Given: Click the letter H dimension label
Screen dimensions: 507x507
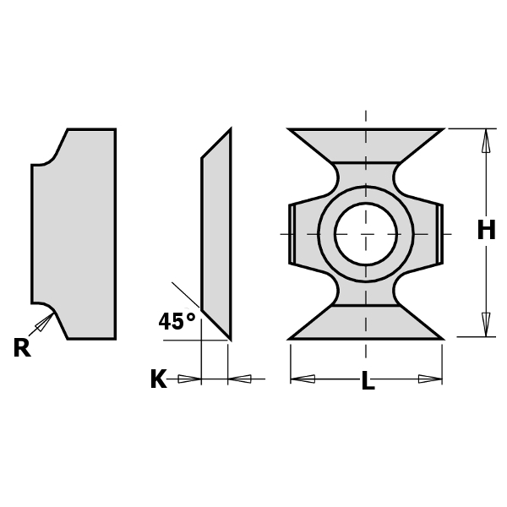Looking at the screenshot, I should click(x=486, y=231).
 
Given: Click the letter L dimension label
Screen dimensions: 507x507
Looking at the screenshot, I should click(x=368, y=382).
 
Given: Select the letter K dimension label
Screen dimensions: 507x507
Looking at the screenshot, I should click(x=158, y=379).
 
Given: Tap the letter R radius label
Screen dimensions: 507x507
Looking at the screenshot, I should click(x=21, y=348).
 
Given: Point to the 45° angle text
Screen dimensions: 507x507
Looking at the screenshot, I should click(x=177, y=322).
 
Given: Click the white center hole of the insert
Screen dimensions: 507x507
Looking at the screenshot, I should click(x=365, y=233).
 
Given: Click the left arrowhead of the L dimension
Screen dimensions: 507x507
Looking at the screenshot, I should click(x=303, y=379).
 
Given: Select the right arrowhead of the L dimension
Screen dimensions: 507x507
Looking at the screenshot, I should click(x=430, y=379).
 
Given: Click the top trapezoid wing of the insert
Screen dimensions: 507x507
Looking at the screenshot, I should click(x=365, y=144).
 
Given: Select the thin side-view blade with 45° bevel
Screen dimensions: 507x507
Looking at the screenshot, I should click(x=216, y=233).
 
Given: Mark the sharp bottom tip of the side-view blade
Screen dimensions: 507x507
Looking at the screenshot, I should click(x=230, y=337).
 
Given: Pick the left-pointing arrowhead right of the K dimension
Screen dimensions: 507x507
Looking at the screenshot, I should click(x=240, y=379).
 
